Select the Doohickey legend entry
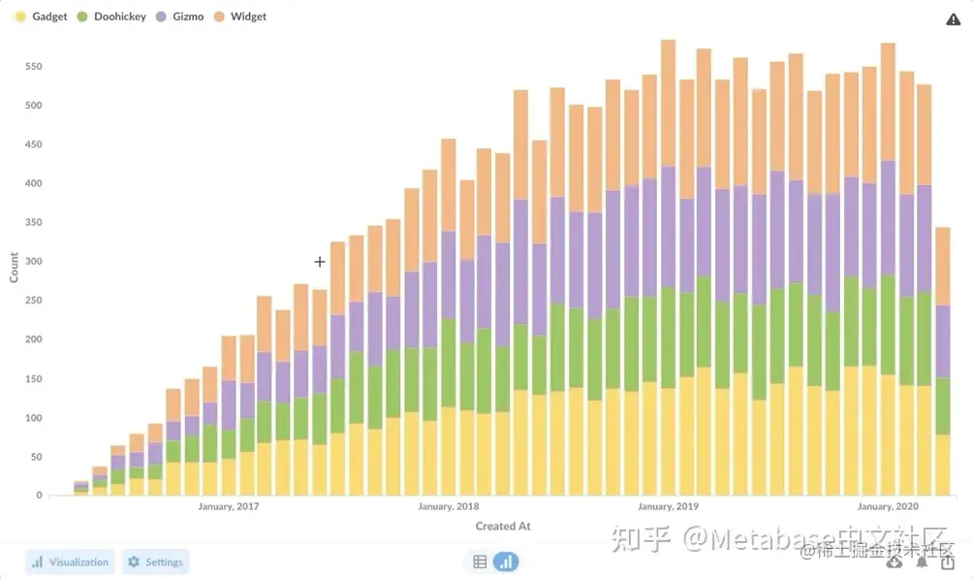click(x=110, y=16)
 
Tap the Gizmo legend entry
click(x=180, y=16)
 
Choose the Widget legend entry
click(x=240, y=16)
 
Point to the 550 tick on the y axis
click(x=34, y=67)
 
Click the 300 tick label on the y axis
click(x=34, y=262)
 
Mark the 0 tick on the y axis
click(x=40, y=496)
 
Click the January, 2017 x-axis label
click(x=229, y=506)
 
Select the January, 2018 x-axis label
click(x=448, y=506)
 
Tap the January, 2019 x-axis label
click(x=668, y=506)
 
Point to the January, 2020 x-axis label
click(x=888, y=506)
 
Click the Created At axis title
click(x=503, y=526)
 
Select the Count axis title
click(x=14, y=267)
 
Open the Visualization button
click(x=70, y=562)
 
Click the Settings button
click(x=155, y=562)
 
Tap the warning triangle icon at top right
click(x=953, y=19)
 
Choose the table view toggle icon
click(x=480, y=562)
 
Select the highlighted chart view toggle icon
click(x=506, y=562)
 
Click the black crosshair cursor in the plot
click(x=320, y=262)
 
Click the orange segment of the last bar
click(x=943, y=267)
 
